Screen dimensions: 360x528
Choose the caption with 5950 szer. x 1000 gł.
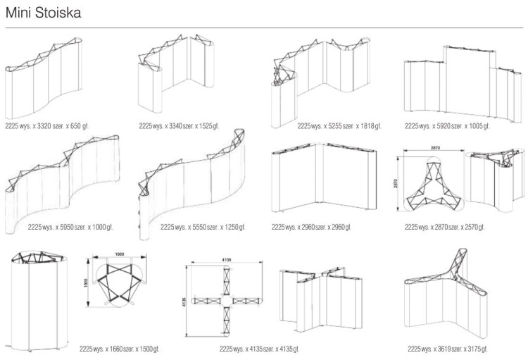click(70, 228)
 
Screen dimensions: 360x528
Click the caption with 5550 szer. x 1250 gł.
click(203, 228)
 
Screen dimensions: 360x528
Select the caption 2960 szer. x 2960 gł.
click(311, 228)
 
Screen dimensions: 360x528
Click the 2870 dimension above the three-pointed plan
click(434, 149)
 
